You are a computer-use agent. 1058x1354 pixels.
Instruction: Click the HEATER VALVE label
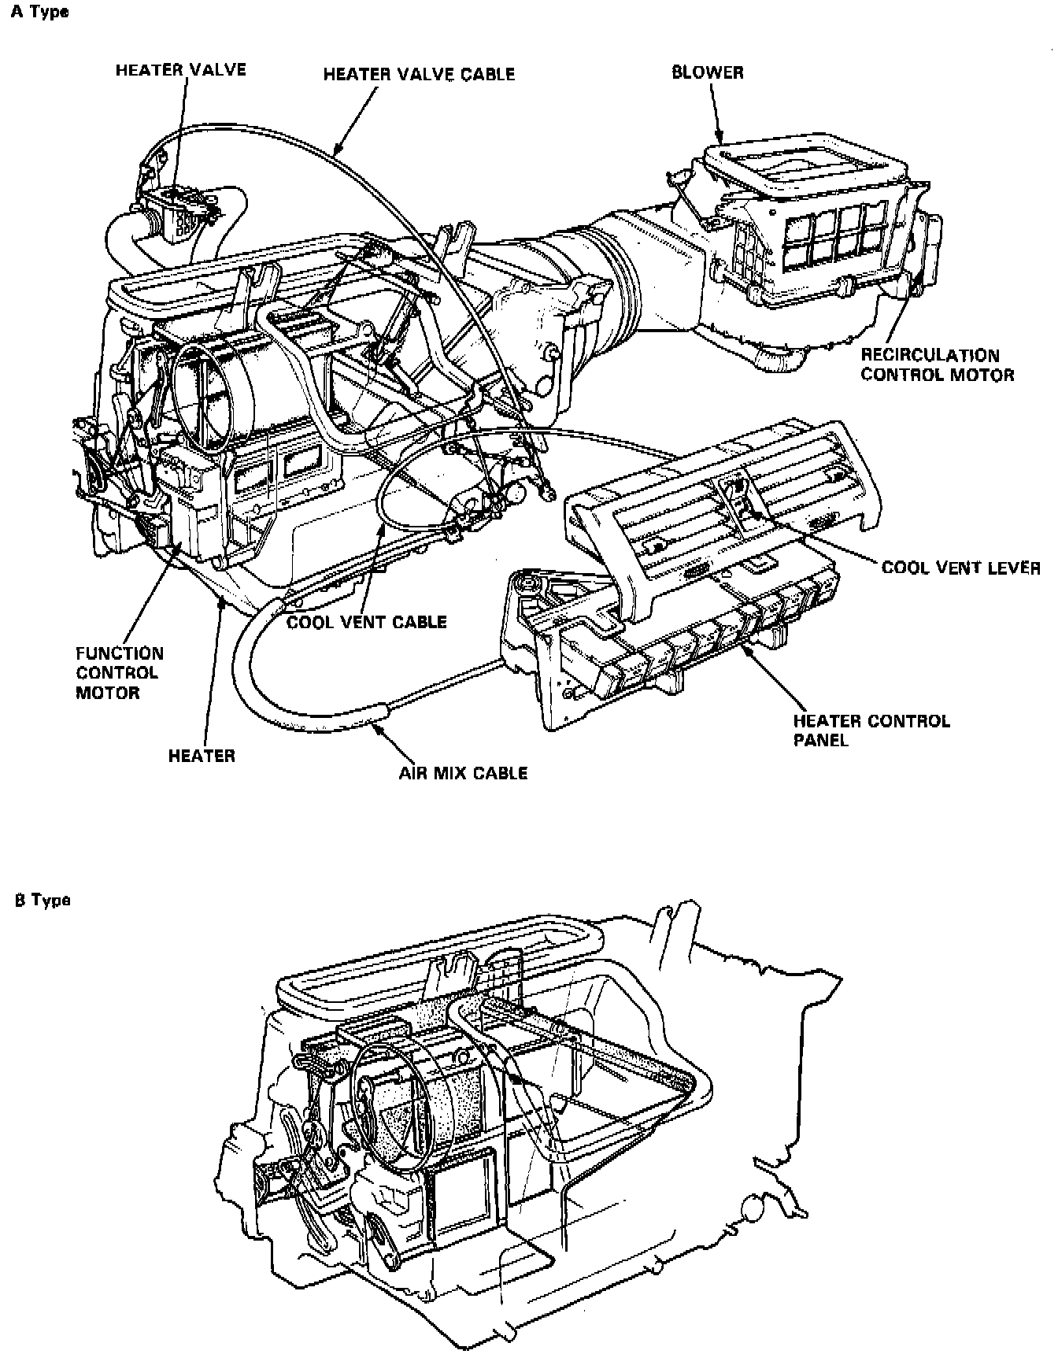pos(181,70)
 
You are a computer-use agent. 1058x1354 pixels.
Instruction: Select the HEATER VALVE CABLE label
pos(419,74)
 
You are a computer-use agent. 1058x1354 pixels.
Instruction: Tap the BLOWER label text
pos(707,72)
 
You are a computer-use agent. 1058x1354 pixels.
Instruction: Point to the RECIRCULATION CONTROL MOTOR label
pos(937,365)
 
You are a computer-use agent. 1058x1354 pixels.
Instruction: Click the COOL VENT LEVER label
pos(960,568)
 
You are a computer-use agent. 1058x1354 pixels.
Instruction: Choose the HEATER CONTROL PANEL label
pos(871,730)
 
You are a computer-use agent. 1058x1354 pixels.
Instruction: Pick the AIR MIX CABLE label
pos(463,773)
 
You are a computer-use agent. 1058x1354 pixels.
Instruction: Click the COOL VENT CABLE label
pos(367,622)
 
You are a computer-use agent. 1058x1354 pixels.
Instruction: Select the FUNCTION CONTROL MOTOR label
pos(120,673)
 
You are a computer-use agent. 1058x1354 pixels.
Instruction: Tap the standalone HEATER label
pos(202,757)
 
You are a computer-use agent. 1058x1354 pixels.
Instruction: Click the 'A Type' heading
pos(39,12)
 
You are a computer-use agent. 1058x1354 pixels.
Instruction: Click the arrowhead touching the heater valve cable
pos(338,149)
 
